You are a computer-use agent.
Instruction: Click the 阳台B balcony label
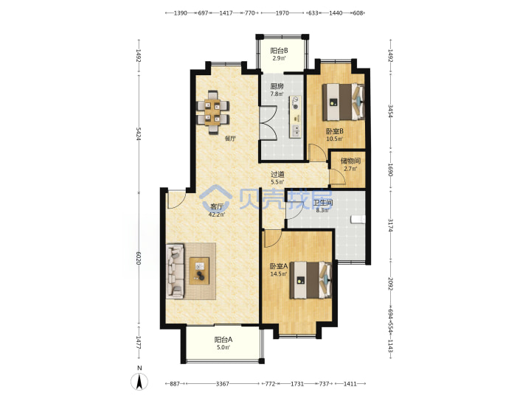tap(279, 51)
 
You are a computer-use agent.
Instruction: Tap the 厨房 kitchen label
tap(277, 87)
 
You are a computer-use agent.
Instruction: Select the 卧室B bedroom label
tap(335, 131)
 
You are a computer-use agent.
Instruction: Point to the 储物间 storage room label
tap(350, 161)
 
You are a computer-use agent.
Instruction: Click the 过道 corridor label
tap(277, 175)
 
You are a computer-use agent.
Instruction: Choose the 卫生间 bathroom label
tap(323, 203)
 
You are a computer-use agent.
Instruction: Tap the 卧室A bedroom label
tap(279, 266)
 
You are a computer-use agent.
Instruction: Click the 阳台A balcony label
tap(223, 340)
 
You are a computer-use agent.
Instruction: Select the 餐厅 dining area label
tap(230, 139)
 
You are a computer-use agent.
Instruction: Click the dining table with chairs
tap(212, 112)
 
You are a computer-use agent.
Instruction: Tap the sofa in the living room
tap(176, 271)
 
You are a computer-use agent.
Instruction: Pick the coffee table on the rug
tap(199, 270)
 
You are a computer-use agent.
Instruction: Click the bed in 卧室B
tap(343, 102)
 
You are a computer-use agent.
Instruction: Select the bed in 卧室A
tap(310, 280)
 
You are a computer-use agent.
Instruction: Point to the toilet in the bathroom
tap(358, 220)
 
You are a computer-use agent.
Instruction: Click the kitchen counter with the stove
tap(295, 116)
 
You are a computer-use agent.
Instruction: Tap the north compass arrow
tap(139, 382)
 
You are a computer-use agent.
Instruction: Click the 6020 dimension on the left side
tap(138, 258)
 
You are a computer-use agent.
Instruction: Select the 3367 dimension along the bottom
tap(223, 384)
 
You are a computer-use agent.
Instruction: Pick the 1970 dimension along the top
tap(282, 13)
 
